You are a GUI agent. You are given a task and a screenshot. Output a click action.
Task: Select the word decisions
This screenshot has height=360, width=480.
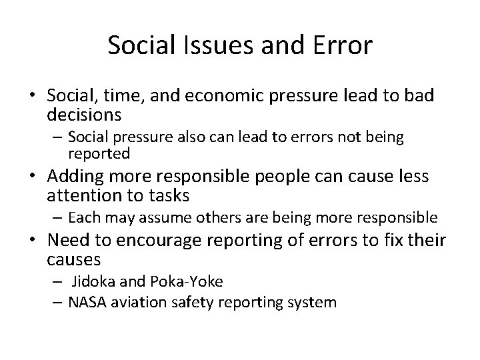[84, 114]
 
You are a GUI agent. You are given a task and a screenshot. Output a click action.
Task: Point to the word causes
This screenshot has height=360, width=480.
[74, 259]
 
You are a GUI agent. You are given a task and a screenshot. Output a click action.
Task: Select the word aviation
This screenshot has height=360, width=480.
[133, 302]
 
